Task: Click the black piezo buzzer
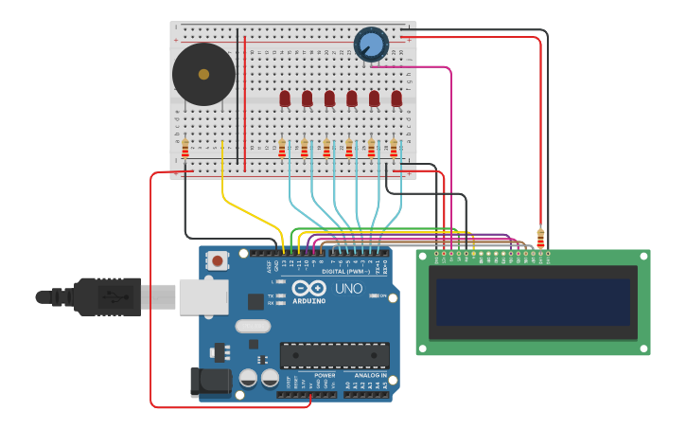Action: (x=203, y=74)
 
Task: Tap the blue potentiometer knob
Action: (x=371, y=45)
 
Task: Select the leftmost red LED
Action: (x=285, y=98)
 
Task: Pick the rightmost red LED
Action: (x=396, y=98)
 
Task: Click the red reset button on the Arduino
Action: (x=219, y=260)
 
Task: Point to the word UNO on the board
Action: (x=348, y=288)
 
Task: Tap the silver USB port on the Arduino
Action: (x=202, y=295)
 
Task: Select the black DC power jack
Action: (x=209, y=382)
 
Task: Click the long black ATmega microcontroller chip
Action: (x=334, y=355)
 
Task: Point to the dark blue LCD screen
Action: (x=533, y=302)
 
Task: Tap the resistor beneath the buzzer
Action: (x=185, y=148)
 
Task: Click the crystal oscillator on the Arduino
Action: (x=253, y=326)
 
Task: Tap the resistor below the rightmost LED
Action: (x=394, y=148)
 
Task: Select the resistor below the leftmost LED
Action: (x=282, y=148)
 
